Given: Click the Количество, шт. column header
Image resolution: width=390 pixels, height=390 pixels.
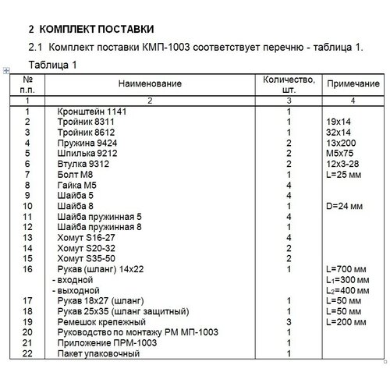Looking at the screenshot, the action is click(x=289, y=83).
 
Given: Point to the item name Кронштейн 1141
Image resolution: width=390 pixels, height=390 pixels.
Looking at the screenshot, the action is click(x=92, y=112).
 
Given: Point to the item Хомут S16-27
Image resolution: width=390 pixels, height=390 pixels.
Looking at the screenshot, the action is click(x=87, y=237).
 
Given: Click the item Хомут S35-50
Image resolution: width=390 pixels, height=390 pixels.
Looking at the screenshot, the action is click(x=87, y=258).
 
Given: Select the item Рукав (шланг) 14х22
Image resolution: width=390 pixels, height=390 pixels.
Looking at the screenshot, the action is click(x=102, y=269).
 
